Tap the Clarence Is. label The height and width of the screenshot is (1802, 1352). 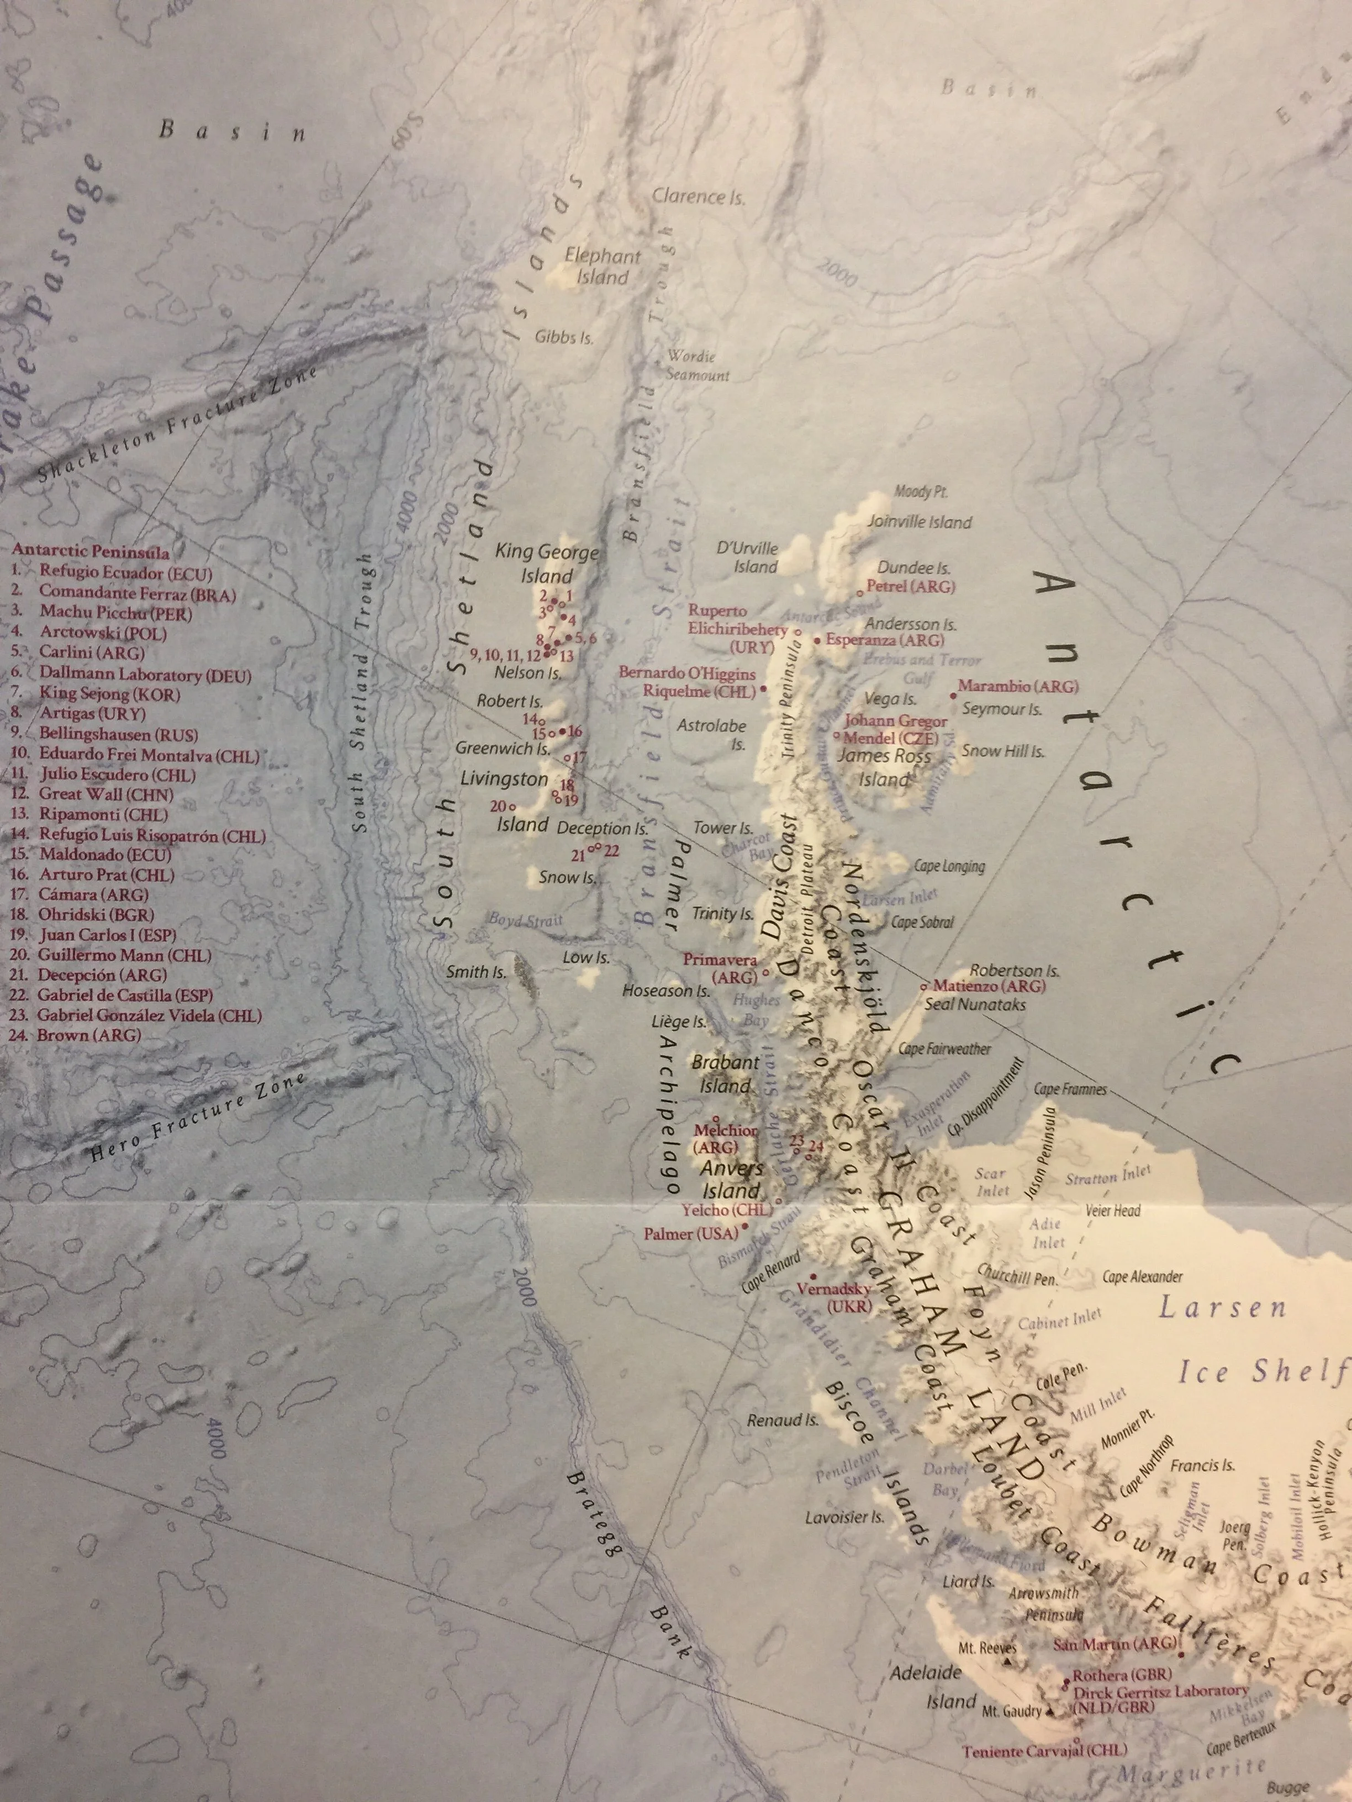[x=699, y=197]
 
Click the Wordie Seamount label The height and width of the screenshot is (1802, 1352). [x=698, y=366]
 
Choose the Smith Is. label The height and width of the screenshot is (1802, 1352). [x=476, y=972]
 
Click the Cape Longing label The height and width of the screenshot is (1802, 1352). [x=949, y=866]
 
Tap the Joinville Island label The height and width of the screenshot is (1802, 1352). [x=919, y=522]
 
